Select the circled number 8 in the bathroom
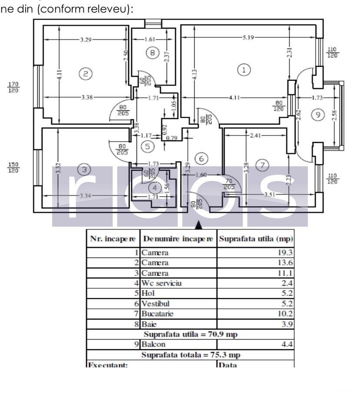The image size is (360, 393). tap(152, 53)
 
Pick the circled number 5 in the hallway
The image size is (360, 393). tap(149, 146)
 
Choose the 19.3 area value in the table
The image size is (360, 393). tap(284, 252)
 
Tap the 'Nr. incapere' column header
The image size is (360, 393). tap(113, 239)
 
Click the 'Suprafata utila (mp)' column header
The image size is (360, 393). tap(255, 239)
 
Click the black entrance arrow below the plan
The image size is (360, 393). tap(198, 225)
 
